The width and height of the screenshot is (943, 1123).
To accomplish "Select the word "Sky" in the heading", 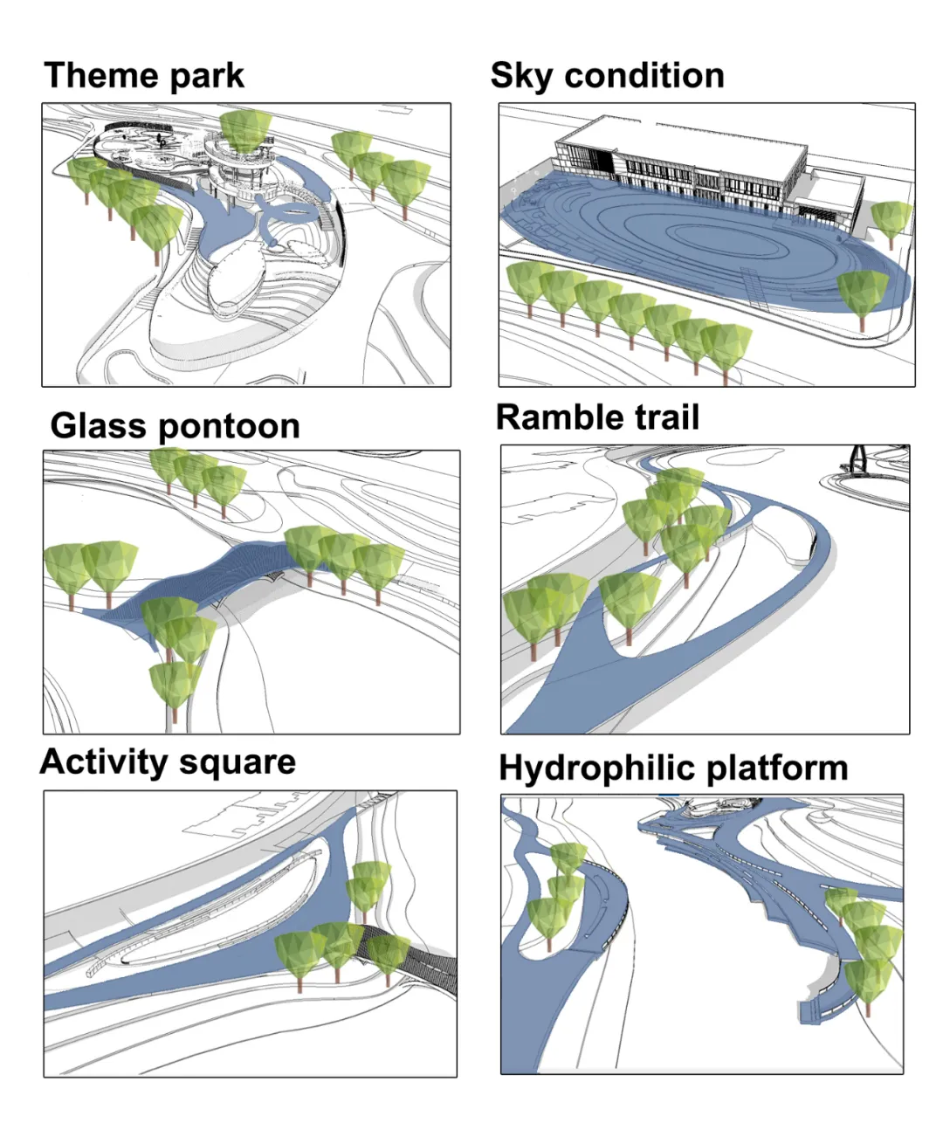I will click(x=521, y=77).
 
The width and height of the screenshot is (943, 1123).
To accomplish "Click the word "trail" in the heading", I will click(x=666, y=417).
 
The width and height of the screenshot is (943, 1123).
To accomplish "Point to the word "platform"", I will click(x=776, y=768).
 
